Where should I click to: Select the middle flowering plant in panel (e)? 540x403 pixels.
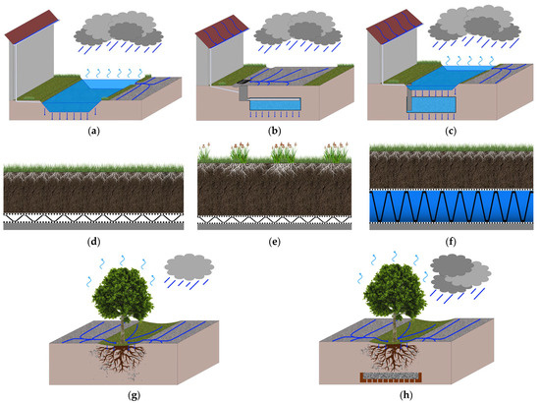click(284, 151)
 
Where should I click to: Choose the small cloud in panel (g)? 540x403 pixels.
click(187, 264)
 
